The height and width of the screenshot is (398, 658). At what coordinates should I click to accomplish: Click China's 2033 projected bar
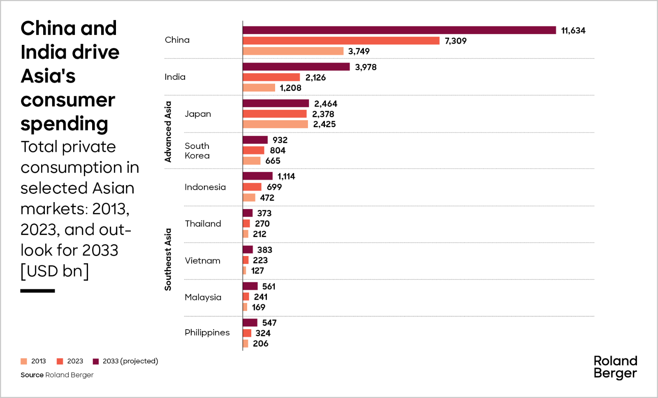click(399, 30)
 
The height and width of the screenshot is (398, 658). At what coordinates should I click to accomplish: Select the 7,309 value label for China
click(456, 41)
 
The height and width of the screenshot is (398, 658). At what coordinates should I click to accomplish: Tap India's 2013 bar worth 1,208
click(259, 88)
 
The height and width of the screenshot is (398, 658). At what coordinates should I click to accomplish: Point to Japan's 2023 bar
click(275, 114)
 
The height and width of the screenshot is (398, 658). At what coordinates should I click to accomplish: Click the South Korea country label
click(197, 151)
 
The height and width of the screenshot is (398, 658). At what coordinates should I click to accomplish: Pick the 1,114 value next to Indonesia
click(286, 177)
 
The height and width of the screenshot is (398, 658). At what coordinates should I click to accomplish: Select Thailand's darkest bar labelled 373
click(248, 213)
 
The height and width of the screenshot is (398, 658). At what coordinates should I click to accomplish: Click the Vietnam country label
click(202, 261)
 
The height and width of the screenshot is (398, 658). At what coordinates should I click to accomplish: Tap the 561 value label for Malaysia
click(269, 286)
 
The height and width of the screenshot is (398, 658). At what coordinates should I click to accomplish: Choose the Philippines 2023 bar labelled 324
click(247, 333)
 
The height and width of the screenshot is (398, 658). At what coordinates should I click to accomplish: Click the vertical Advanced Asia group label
click(168, 132)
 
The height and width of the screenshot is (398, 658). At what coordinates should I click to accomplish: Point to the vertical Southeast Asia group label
click(168, 260)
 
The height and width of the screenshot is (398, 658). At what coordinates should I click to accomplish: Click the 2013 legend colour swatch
click(24, 361)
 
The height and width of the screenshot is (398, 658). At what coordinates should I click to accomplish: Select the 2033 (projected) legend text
click(130, 361)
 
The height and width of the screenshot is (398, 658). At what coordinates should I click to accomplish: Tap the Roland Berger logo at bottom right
click(615, 368)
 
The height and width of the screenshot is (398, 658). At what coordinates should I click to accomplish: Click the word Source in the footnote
click(32, 375)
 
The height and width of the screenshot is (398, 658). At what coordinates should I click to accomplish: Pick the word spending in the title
click(64, 124)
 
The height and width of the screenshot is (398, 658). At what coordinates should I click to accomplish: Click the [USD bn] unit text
click(55, 271)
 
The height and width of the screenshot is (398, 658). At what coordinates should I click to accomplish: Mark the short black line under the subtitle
click(37, 291)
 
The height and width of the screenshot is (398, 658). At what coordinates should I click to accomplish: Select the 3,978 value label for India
click(366, 67)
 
